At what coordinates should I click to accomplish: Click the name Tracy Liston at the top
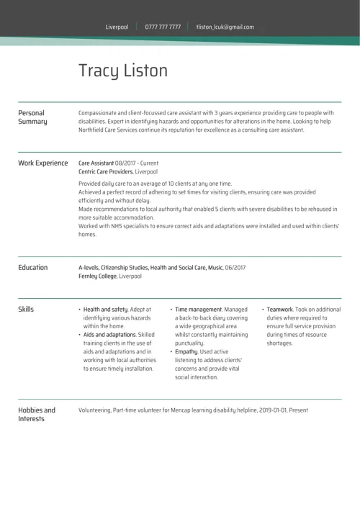pos(122,71)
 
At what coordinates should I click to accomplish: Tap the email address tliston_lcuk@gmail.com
pos(225,27)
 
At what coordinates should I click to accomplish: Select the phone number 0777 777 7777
pos(163,27)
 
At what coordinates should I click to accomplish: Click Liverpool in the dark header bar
pos(117,27)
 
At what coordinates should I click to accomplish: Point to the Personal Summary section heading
pos(32,117)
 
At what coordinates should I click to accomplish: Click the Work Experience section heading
pos(42,163)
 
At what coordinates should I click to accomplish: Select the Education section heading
pos(32,268)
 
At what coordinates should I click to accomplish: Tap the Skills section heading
pos(26,310)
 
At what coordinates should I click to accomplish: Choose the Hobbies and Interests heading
pos(36,415)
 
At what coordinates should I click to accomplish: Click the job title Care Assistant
pos(96,163)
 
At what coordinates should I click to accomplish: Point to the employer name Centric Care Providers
pos(105,172)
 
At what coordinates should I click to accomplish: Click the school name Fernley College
pos(97,276)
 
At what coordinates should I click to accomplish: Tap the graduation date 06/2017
pos(235,268)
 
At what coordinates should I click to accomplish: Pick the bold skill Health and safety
pos(105,310)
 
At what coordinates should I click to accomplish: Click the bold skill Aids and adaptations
pos(109,335)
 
